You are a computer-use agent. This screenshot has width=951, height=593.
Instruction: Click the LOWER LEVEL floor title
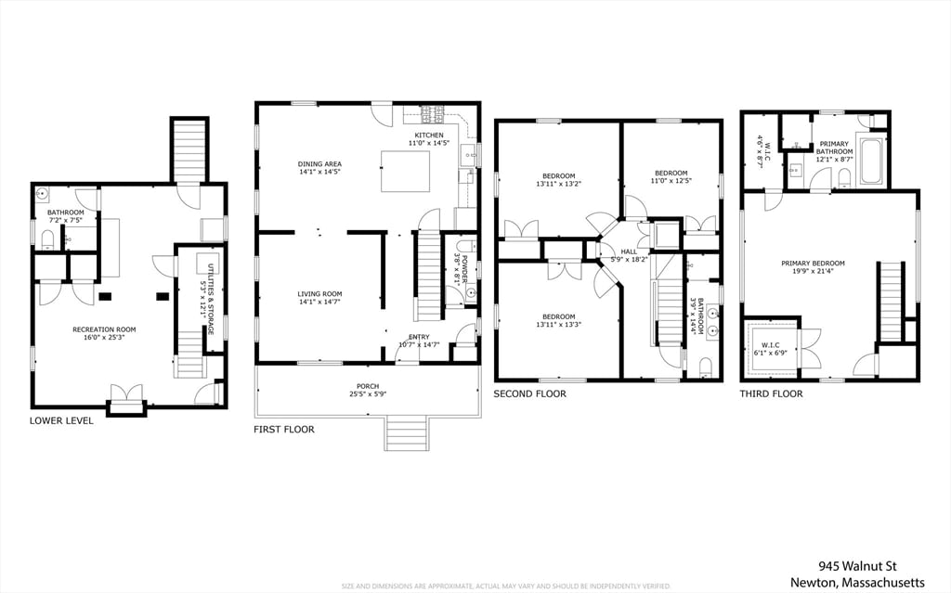61,420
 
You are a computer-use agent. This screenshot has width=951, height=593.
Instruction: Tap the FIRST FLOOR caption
284,430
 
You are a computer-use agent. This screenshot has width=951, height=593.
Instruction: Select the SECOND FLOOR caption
529,393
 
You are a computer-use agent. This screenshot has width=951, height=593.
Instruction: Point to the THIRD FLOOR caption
771,393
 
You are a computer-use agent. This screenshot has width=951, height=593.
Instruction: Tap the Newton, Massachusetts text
857,582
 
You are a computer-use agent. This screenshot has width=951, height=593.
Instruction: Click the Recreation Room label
104,329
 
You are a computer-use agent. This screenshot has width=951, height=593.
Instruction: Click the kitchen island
405,171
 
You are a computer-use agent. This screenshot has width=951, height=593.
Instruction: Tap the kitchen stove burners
433,115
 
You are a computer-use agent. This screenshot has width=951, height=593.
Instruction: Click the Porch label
368,386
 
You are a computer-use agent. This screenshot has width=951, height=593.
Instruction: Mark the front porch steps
406,433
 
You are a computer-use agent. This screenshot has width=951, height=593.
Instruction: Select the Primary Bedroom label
813,264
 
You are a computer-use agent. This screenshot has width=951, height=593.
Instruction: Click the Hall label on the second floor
629,251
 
